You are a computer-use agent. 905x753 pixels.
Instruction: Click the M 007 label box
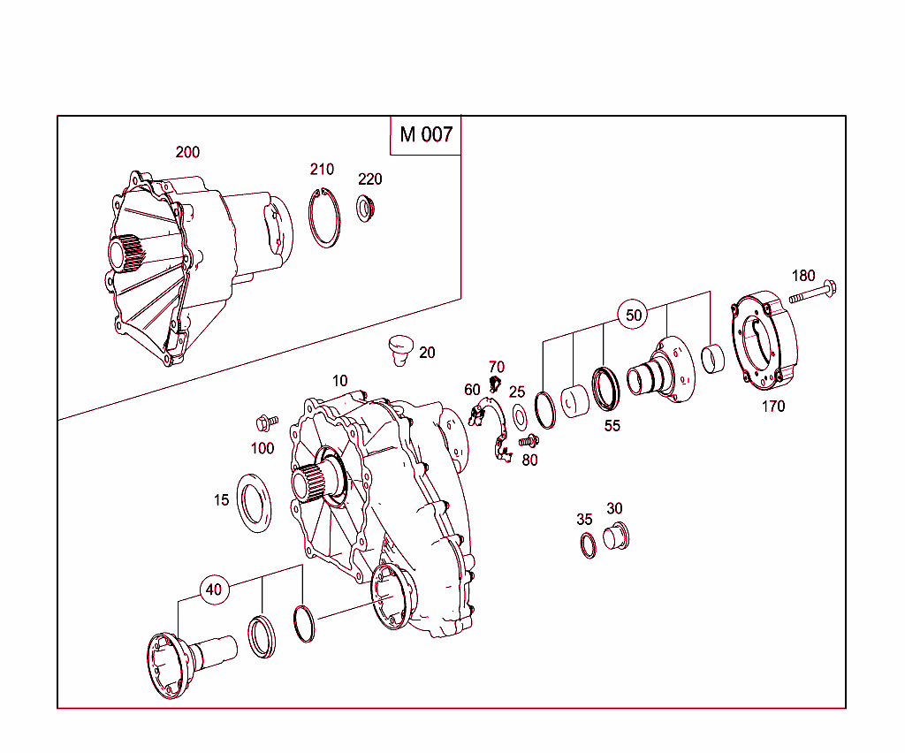(425, 134)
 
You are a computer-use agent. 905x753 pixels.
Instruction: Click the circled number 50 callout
(634, 315)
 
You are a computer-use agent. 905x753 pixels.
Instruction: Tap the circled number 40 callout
(215, 589)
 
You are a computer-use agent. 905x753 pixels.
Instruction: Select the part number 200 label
(187, 152)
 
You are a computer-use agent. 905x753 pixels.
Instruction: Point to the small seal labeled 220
(366, 209)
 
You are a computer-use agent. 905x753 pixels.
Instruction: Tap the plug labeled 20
(400, 347)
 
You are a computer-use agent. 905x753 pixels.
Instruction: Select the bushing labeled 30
(615, 536)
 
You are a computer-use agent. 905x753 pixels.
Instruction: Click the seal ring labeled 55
(606, 389)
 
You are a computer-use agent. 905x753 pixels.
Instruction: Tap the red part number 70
(497, 367)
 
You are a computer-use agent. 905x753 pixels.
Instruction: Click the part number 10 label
(340, 381)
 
